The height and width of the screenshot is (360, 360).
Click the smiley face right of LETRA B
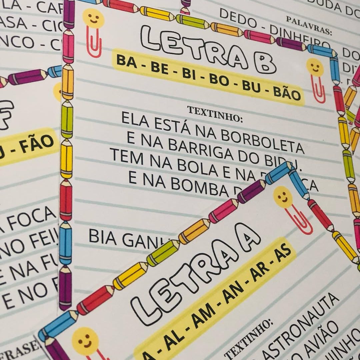(x=314, y=68)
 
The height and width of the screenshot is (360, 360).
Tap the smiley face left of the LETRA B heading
(x=94, y=19)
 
